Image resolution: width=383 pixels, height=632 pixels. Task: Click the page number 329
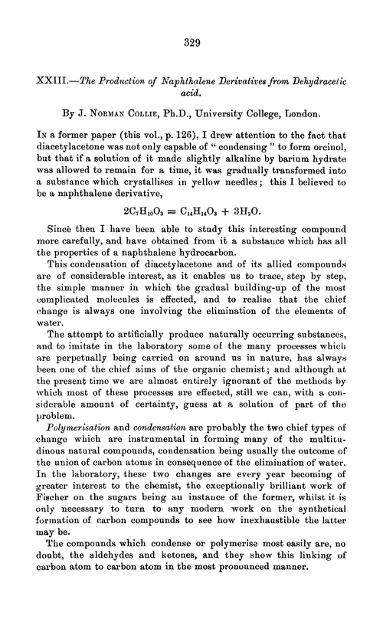pos(191,44)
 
